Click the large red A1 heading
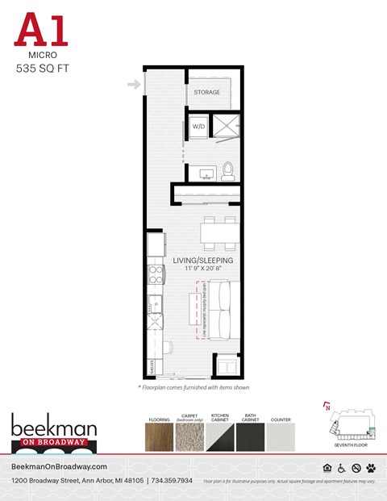point(41,31)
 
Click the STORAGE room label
point(206,93)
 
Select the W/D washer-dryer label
point(197,126)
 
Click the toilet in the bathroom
point(228,170)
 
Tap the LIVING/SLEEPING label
point(203,261)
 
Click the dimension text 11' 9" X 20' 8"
point(203,270)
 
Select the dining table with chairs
point(220,232)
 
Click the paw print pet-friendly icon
point(370,469)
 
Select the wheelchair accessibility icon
point(341,469)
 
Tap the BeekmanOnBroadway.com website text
point(60,468)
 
